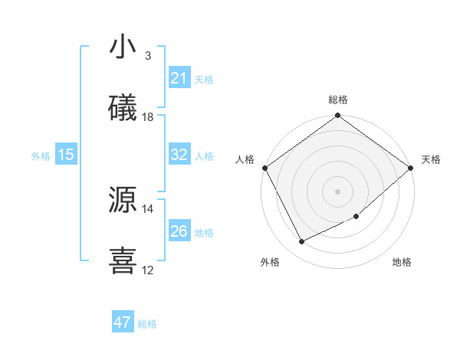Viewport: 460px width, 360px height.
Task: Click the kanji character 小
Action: (x=123, y=47)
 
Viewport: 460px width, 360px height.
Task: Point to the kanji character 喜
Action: (x=123, y=260)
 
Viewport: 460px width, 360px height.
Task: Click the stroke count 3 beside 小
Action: (x=148, y=56)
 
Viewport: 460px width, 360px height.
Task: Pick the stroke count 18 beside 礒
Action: (x=148, y=117)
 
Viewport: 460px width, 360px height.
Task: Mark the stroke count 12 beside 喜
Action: (x=148, y=270)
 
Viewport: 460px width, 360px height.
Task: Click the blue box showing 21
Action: (x=179, y=77)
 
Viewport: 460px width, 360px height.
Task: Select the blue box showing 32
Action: (x=179, y=154)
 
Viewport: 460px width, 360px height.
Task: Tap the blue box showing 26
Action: (x=179, y=231)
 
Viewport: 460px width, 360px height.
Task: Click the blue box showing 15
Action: (x=66, y=155)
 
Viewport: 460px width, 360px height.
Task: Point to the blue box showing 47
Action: (x=123, y=322)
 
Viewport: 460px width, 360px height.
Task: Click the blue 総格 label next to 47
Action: (x=147, y=324)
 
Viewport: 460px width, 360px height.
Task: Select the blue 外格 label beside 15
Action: (x=41, y=156)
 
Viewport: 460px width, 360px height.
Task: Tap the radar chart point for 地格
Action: (x=356, y=217)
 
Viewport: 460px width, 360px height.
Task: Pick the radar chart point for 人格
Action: (x=264, y=168)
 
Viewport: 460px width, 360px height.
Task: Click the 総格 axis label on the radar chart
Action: (x=338, y=100)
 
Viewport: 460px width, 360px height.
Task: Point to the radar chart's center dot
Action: (x=338, y=191)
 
